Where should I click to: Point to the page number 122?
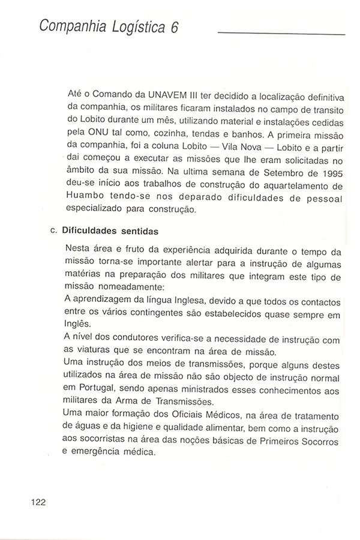[37, 502]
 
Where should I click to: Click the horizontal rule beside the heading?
[281, 34]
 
